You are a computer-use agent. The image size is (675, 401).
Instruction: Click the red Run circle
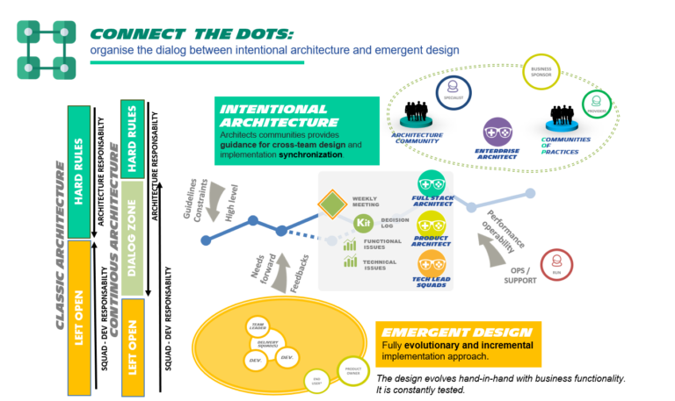tap(556, 264)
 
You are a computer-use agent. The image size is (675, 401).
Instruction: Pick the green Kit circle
tap(363, 223)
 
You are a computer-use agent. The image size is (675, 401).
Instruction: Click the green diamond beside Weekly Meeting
tap(332, 204)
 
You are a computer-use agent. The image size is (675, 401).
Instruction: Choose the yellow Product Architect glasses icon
tap(431, 225)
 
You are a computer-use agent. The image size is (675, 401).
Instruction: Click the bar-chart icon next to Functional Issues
tap(350, 243)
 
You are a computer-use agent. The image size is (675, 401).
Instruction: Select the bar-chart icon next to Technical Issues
tap(350, 262)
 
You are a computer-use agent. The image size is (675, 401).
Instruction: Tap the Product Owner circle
tap(353, 372)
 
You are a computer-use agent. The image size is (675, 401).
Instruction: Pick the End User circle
tap(317, 380)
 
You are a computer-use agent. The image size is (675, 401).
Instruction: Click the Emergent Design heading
tap(457, 333)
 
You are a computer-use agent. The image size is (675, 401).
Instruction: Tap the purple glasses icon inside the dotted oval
tap(497, 132)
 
